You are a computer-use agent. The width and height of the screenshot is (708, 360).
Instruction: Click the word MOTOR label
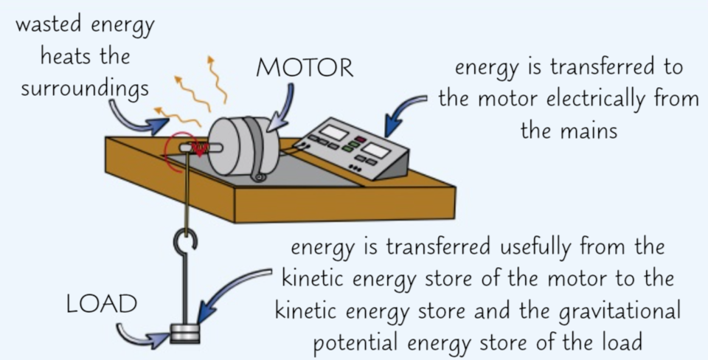(305, 68)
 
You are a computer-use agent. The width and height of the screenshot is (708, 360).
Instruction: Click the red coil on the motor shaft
(198, 150)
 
